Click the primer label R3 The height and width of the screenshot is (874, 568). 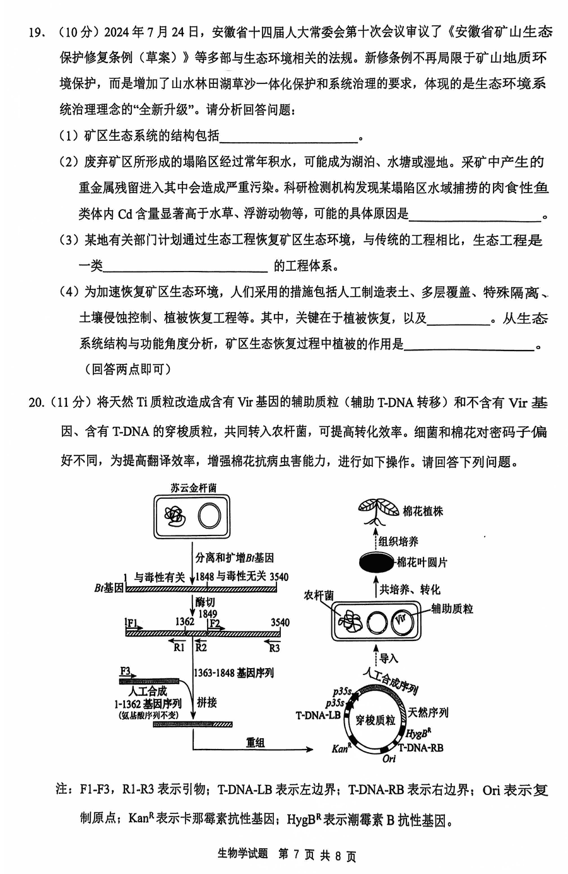click(274, 648)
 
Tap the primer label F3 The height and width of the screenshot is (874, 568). click(125, 670)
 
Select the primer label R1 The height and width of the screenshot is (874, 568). click(179, 648)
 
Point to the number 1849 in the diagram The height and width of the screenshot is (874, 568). click(208, 614)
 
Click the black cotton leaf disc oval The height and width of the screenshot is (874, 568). click(376, 562)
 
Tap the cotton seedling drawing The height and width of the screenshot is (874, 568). click(377, 512)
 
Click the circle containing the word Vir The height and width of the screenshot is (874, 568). click(400, 622)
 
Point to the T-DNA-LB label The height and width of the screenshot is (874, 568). click(317, 715)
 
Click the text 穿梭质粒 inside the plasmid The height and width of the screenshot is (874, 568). click(375, 720)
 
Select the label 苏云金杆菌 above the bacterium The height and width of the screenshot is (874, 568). click(193, 488)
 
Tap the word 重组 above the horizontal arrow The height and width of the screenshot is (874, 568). click(256, 742)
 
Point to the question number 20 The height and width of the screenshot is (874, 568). click(37, 402)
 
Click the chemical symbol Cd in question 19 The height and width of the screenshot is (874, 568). click(125, 214)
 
